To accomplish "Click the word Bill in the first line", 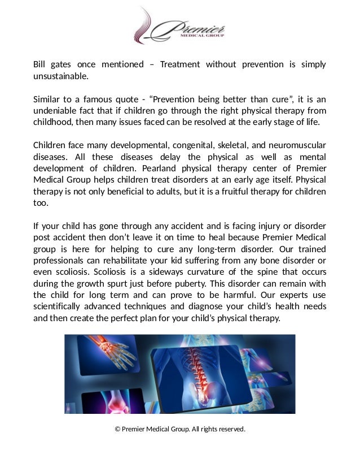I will pos(39,64).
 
